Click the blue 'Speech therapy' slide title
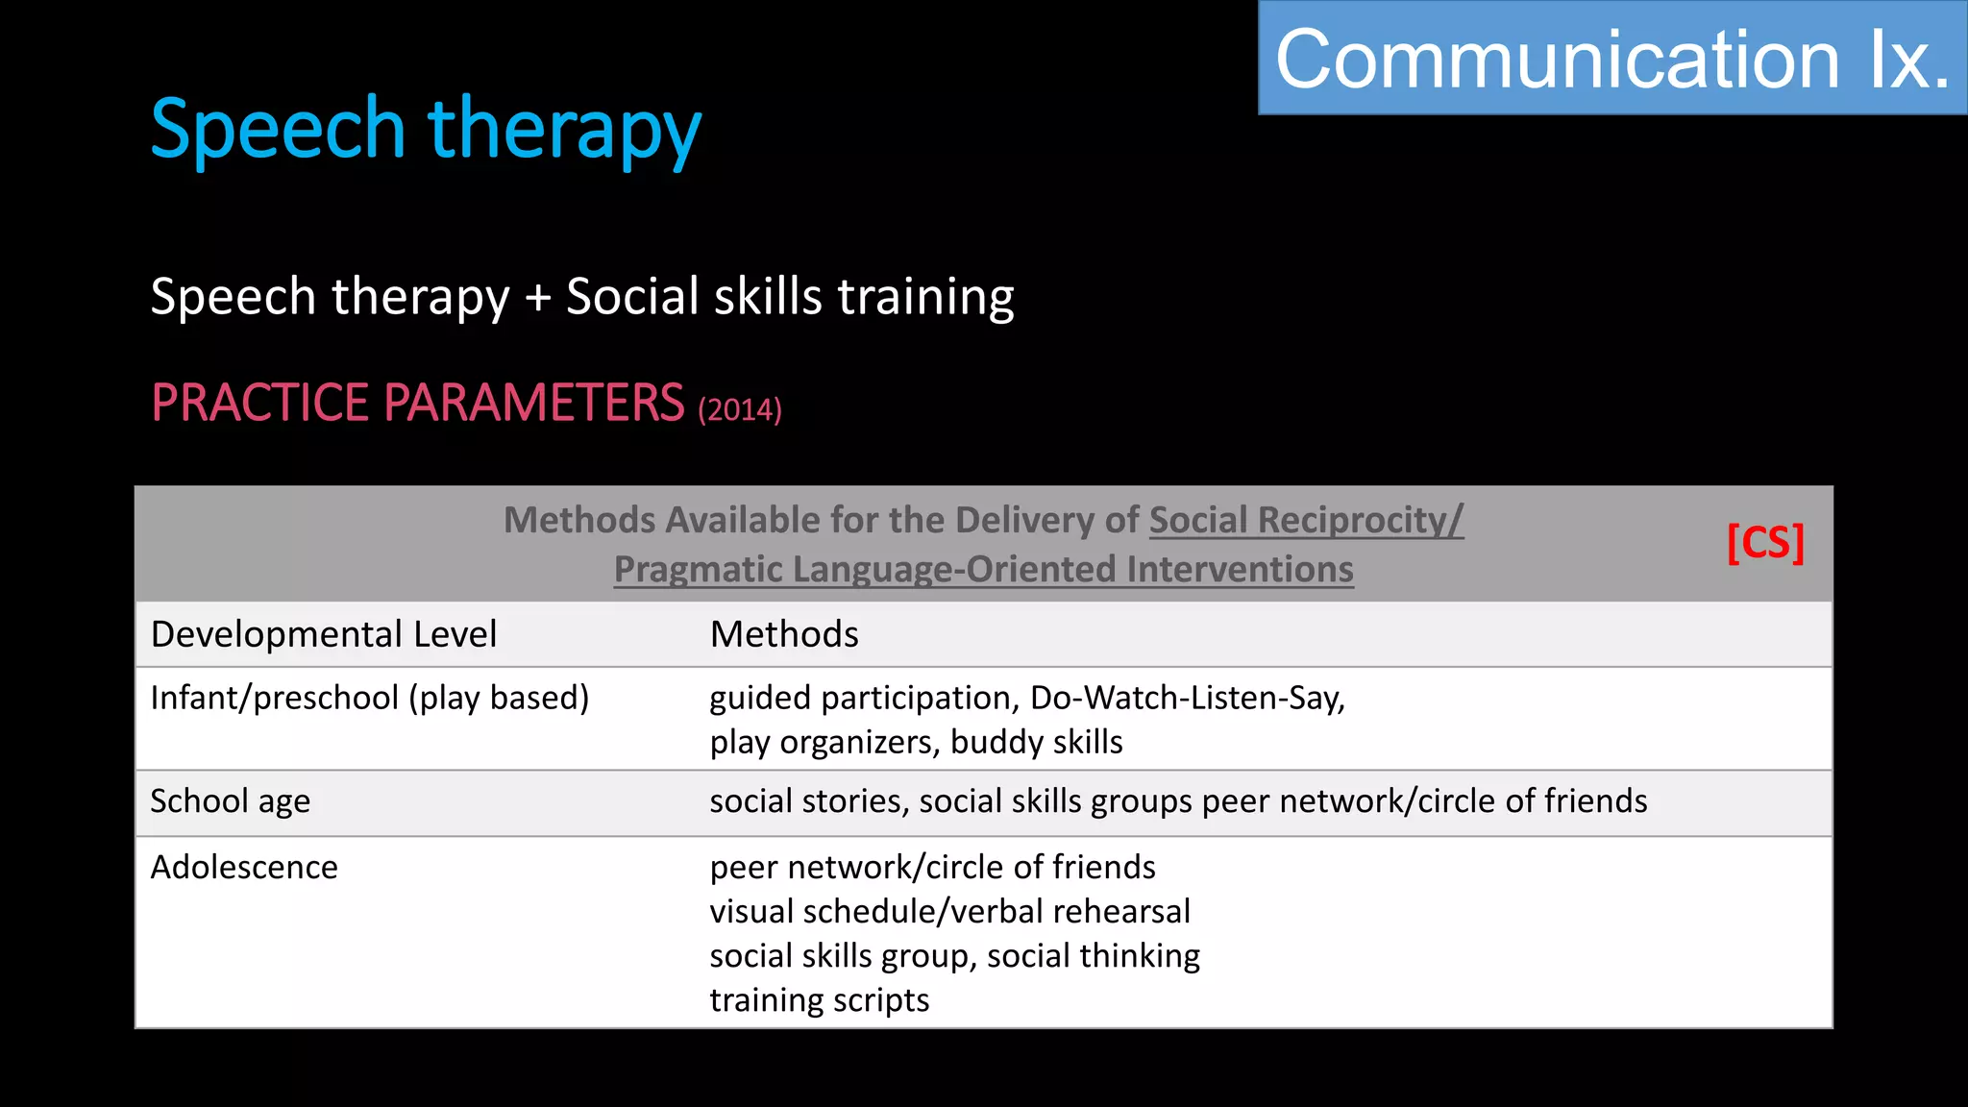click(x=426, y=130)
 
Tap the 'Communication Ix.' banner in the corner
click(x=1611, y=60)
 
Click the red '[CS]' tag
click(x=1765, y=543)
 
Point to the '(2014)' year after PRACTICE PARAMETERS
click(x=740, y=410)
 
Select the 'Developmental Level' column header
click(x=324, y=634)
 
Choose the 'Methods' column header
click(x=784, y=634)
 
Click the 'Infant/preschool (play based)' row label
click(x=370, y=698)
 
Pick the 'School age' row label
click(x=231, y=800)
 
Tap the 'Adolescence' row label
click(x=244, y=867)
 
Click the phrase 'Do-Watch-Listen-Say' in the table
click(x=1186, y=698)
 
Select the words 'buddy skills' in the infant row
click(x=1037, y=742)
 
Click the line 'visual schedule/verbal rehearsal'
click(x=949, y=911)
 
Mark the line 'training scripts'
click(x=820, y=999)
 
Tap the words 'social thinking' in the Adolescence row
click(x=1094, y=955)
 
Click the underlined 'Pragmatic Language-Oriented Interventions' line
click(x=983, y=569)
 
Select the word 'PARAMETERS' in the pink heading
click(x=534, y=403)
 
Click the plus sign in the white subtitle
click(x=538, y=297)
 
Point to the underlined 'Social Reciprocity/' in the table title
click(x=1306, y=520)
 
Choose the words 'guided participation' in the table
click(x=861, y=698)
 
